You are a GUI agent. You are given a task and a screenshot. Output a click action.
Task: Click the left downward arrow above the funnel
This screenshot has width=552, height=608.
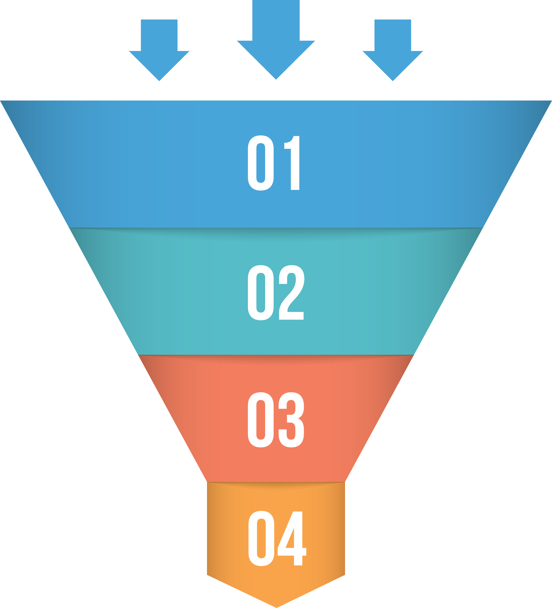[x=159, y=51]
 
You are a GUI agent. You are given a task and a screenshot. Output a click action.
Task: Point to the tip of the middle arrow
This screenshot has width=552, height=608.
[x=276, y=78]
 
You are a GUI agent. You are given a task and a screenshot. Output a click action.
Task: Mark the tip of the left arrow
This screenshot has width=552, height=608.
[x=159, y=80]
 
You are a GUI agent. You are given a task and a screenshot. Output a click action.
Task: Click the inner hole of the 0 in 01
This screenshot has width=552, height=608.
[x=261, y=163]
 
